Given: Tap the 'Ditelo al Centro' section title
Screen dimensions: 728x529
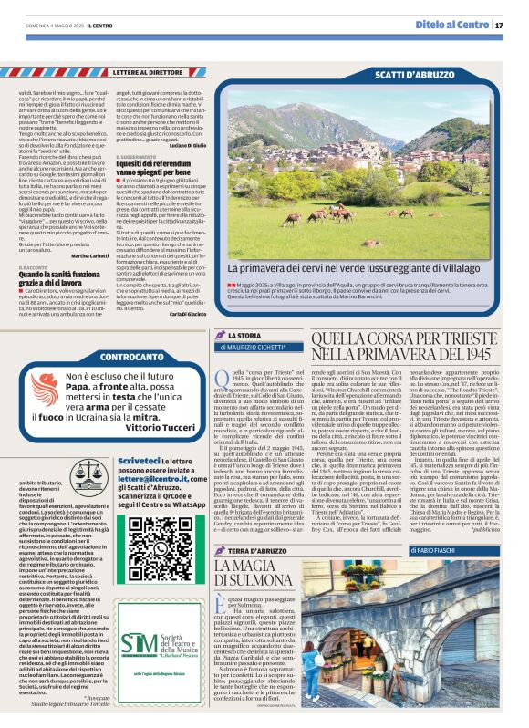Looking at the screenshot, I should [x=452, y=24].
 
